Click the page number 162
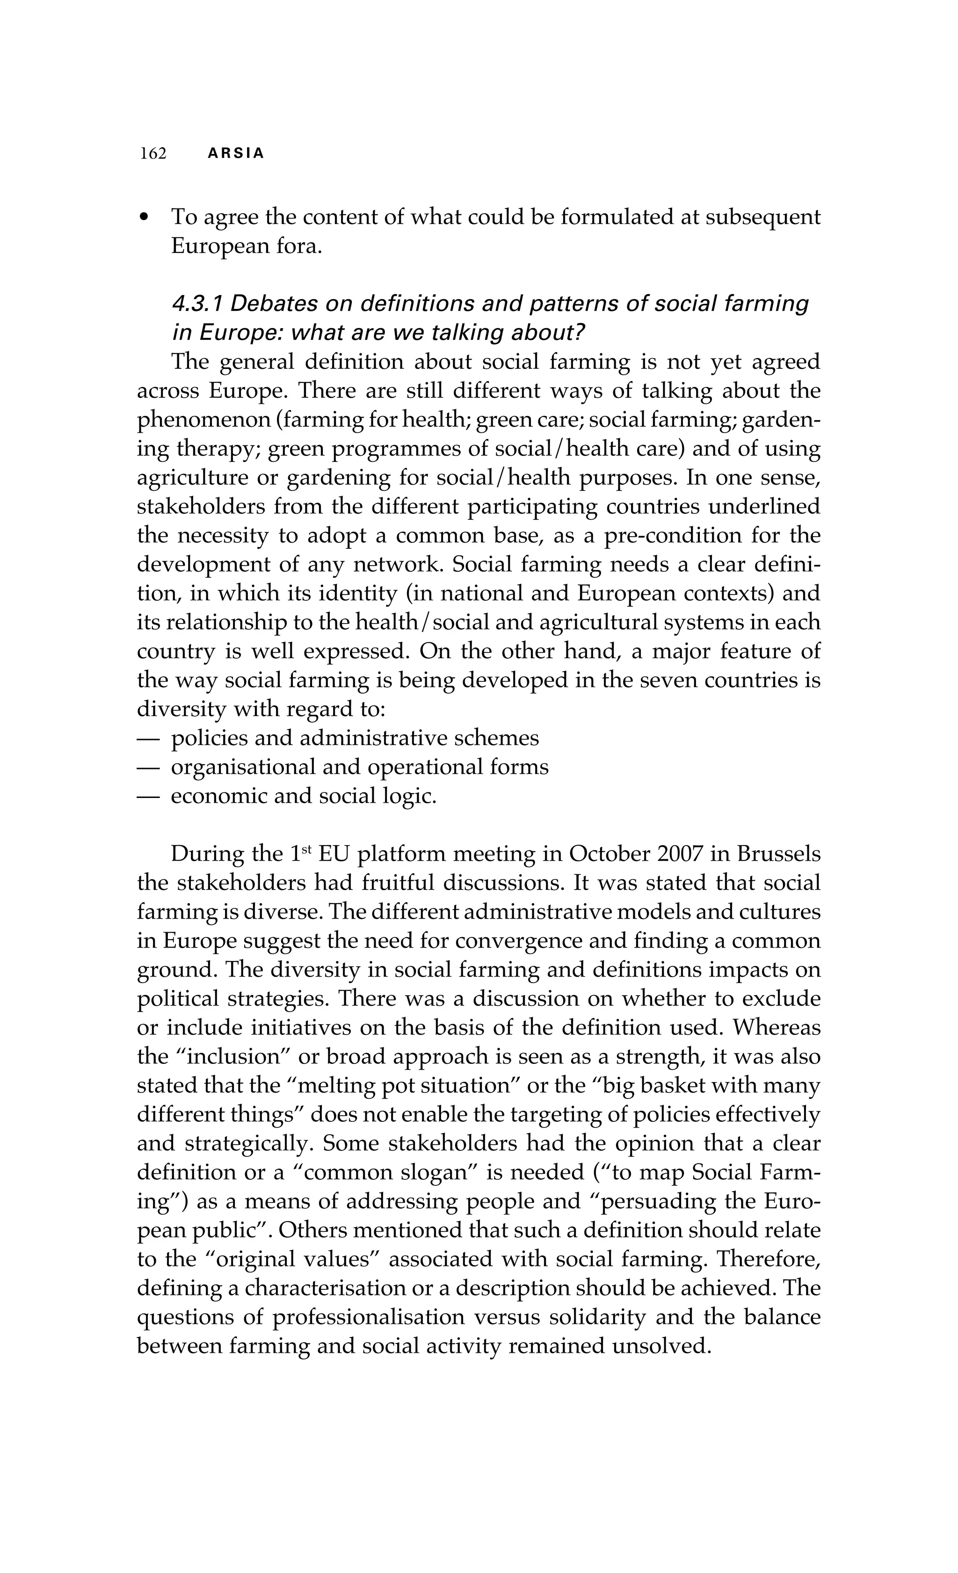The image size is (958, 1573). click(x=153, y=154)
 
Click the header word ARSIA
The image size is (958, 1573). click(x=236, y=154)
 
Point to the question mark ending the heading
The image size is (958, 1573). click(x=580, y=333)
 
